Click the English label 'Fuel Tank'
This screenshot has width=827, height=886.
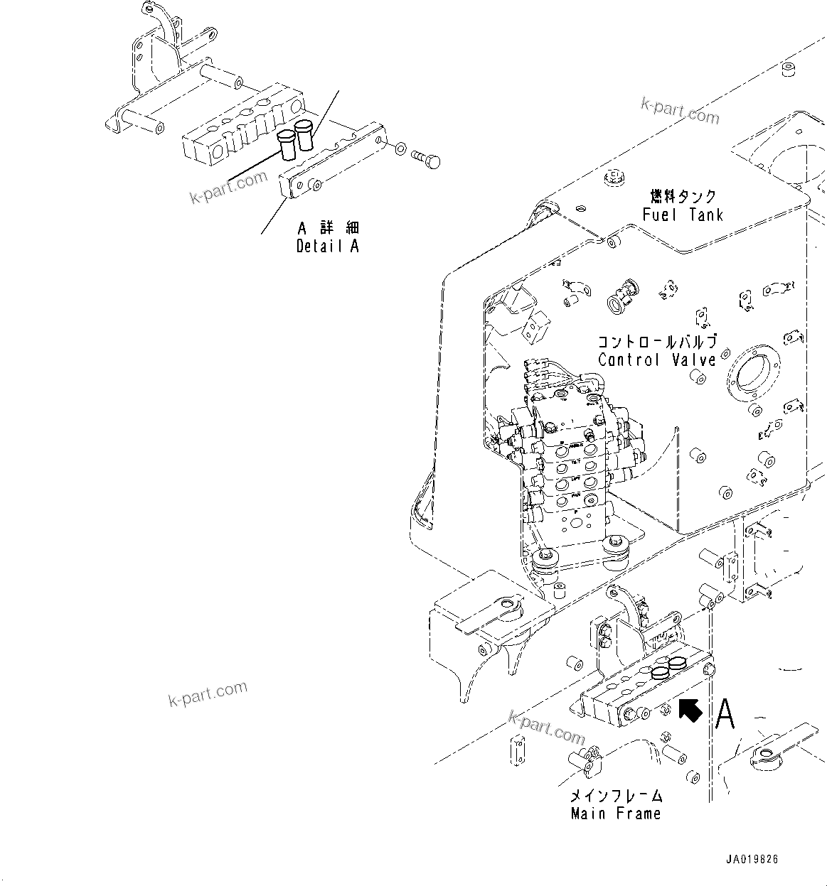(x=682, y=215)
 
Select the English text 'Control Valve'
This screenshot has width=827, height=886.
(x=656, y=360)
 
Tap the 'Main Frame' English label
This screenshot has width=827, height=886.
(x=616, y=814)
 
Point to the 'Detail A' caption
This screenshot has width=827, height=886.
(x=327, y=247)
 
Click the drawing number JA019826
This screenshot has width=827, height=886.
(x=752, y=859)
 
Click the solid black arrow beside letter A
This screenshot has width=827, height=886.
(x=690, y=710)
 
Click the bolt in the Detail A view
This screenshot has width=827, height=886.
(x=426, y=160)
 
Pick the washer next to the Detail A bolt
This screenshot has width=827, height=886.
(x=400, y=149)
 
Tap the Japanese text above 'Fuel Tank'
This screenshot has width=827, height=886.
(x=683, y=196)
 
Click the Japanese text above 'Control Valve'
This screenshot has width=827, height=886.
(x=656, y=342)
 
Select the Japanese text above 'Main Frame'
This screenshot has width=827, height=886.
(x=616, y=796)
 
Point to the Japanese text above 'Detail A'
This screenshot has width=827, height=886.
(x=328, y=228)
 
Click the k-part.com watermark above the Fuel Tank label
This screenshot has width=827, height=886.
(x=679, y=109)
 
